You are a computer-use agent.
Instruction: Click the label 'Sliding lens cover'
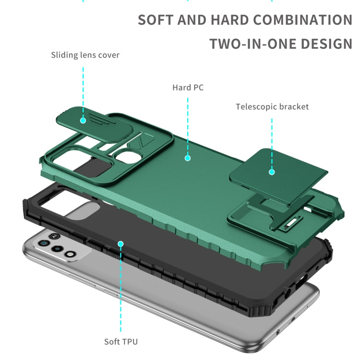click(x=85, y=55)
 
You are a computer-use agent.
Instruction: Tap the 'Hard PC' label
click(x=188, y=87)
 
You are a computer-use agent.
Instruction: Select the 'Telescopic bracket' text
click(x=272, y=107)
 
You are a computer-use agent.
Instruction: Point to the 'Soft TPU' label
click(x=121, y=342)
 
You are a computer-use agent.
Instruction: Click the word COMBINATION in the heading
click(x=302, y=20)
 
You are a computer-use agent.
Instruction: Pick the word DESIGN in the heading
click(x=326, y=44)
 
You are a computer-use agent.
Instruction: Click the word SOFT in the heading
click(x=155, y=20)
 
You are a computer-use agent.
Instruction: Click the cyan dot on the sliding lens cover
click(x=83, y=120)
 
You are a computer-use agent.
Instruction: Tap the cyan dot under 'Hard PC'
click(x=188, y=157)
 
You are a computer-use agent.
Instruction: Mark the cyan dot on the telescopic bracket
click(x=272, y=171)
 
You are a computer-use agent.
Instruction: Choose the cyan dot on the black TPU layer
click(x=121, y=244)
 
